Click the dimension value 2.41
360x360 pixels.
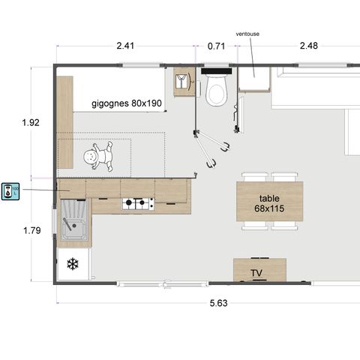pyautogui.click(x=125, y=46)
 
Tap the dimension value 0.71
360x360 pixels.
pyautogui.click(x=216, y=46)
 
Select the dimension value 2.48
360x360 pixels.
pyautogui.click(x=309, y=46)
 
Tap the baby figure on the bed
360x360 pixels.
pyautogui.click(x=97, y=156)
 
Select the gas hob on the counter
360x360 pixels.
pyautogui.click(x=138, y=202)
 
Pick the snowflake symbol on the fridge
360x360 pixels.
pyautogui.click(x=73, y=264)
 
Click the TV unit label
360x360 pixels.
pyautogui.click(x=257, y=272)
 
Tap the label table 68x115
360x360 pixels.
pyautogui.click(x=268, y=203)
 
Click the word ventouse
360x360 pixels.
pyautogui.click(x=248, y=34)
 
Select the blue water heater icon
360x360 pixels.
pyautogui.click(x=10, y=190)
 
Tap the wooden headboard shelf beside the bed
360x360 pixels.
pyautogui.click(x=65, y=122)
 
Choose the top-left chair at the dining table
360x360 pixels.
pyautogui.click(x=253, y=177)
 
